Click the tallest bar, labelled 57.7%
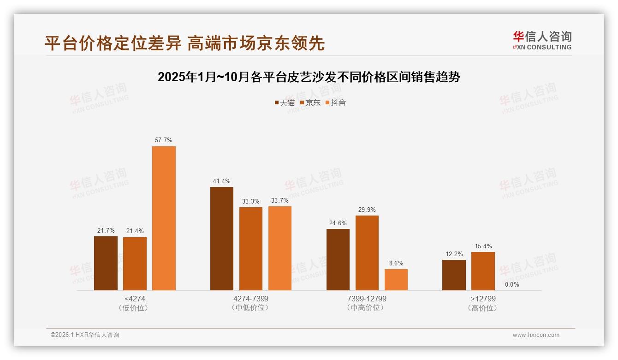click(x=164, y=218)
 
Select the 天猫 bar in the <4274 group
click(x=106, y=263)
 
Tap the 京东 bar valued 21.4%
click(x=135, y=264)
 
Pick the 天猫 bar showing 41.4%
click(x=222, y=238)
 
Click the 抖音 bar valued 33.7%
click(x=280, y=248)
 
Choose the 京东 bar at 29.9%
click(x=367, y=252)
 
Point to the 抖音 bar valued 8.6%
click(x=396, y=279)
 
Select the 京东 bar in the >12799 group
click(x=483, y=271)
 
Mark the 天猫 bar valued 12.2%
click(x=454, y=275)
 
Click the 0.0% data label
click(x=512, y=284)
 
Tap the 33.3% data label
click(x=251, y=201)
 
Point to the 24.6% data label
click(x=338, y=223)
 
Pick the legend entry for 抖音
click(x=335, y=102)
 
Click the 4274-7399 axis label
click(x=251, y=299)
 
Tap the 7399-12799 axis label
click(x=367, y=299)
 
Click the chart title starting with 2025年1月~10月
click(x=309, y=77)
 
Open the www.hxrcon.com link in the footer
click(x=536, y=335)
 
